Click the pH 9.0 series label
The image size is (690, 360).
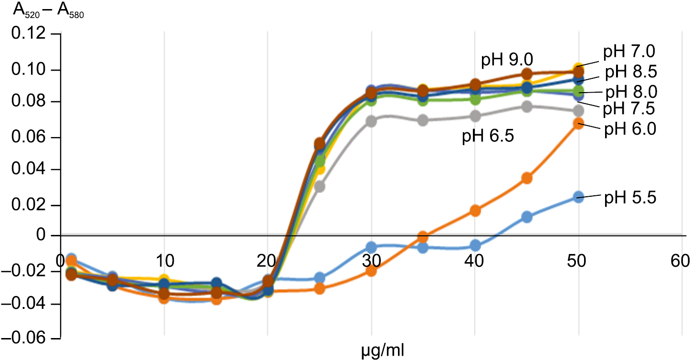click(x=506, y=61)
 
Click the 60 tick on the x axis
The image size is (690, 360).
click(x=680, y=261)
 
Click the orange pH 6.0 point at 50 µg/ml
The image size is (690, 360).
click(x=578, y=124)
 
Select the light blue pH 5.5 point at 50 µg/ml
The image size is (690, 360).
click(x=578, y=197)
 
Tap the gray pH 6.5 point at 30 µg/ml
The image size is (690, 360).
click(x=372, y=121)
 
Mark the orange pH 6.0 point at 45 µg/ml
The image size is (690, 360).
click(x=527, y=178)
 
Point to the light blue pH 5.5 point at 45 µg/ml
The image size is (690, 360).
click(x=527, y=217)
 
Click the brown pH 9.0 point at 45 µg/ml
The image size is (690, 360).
click(x=527, y=74)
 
